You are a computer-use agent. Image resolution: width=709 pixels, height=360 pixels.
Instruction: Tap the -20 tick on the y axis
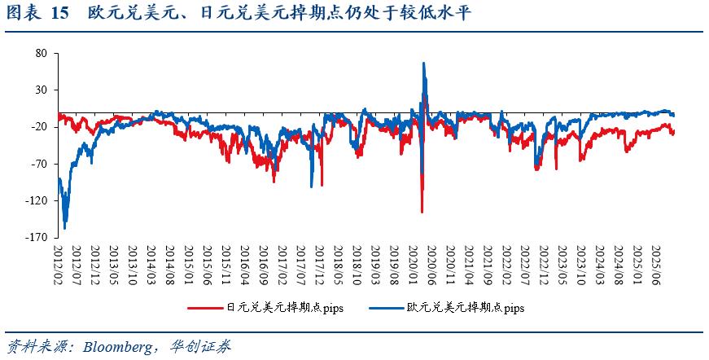click(x=40, y=127)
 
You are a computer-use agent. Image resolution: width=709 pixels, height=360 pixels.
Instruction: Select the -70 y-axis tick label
click(x=40, y=164)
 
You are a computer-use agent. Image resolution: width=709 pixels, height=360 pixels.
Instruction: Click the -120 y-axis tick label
click(x=37, y=200)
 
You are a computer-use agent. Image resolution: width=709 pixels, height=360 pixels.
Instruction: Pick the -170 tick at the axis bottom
click(x=37, y=237)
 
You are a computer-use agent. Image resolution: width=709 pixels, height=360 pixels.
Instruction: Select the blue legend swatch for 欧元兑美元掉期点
click(x=387, y=309)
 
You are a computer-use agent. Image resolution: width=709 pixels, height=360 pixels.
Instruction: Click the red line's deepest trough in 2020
click(x=422, y=212)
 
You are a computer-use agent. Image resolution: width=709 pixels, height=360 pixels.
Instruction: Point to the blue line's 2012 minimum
click(x=65, y=228)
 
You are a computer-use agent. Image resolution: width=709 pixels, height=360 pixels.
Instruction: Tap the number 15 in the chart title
click(x=59, y=14)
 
